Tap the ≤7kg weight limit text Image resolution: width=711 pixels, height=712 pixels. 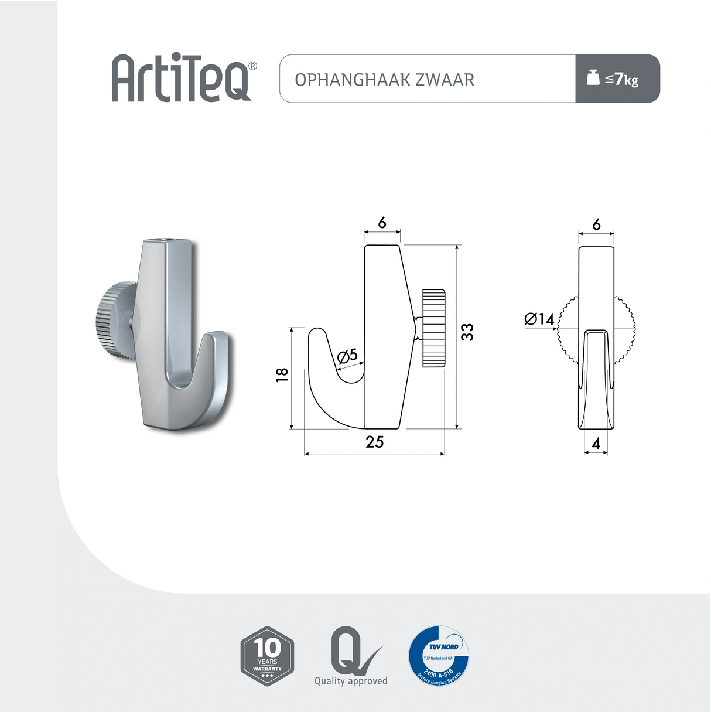622,79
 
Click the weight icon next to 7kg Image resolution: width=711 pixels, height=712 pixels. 593,77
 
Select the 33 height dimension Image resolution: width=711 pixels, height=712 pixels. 467,332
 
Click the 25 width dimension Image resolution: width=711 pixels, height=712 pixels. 374,442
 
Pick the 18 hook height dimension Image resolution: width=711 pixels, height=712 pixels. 282,375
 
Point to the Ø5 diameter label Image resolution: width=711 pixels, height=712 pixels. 347,356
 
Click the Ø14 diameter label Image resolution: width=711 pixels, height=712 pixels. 539,319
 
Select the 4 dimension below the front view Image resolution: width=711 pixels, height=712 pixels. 596,444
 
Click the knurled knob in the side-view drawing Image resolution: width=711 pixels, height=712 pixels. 433,328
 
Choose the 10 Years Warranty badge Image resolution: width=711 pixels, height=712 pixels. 267,656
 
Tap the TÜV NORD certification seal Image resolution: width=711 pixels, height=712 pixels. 439,655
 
